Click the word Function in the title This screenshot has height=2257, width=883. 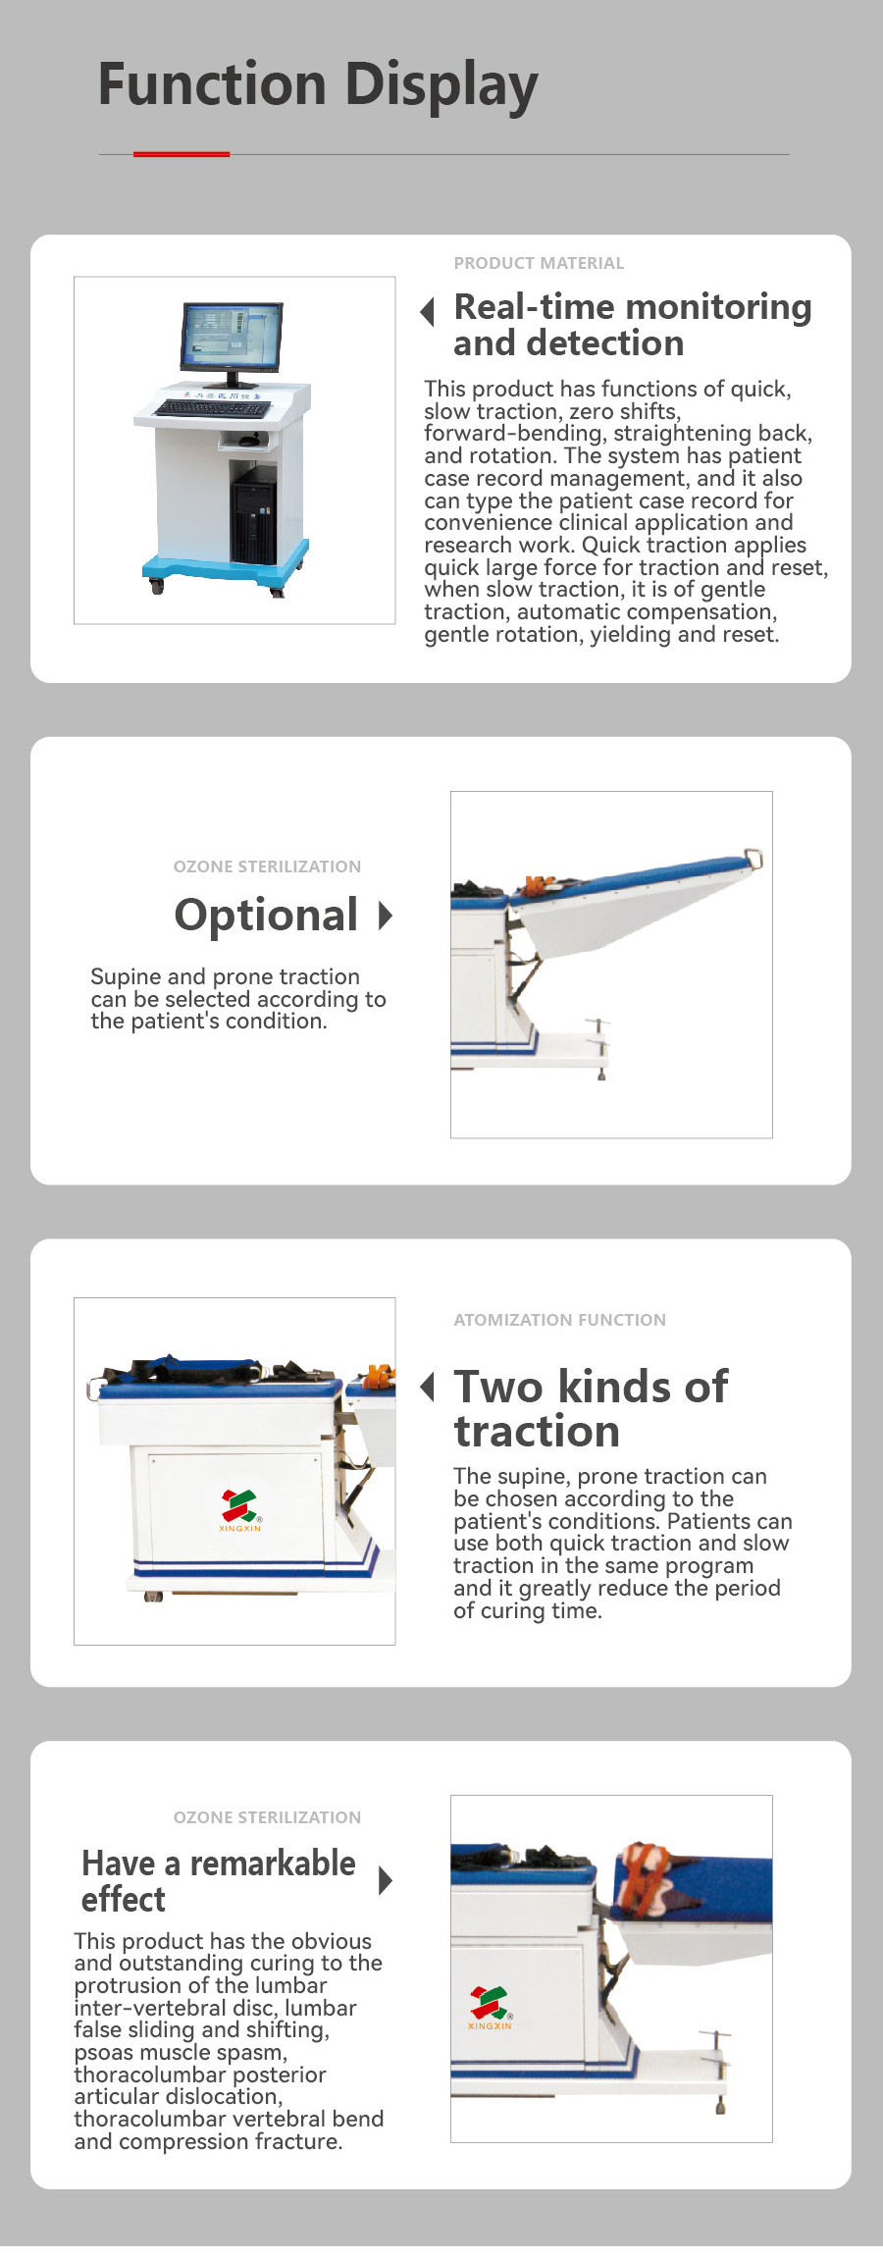pyautogui.click(x=212, y=83)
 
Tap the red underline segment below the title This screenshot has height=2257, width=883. pyautogui.click(x=182, y=154)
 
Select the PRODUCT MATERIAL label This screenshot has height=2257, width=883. pyautogui.click(x=539, y=263)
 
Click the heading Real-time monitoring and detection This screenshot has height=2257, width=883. pyautogui.click(x=633, y=325)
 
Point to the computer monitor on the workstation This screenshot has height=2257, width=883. pyautogui.click(x=232, y=341)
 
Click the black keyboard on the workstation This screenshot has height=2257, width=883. pyautogui.click(x=213, y=408)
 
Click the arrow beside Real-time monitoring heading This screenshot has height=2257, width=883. pyautogui.click(x=428, y=312)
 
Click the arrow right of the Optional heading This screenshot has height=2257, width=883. pyautogui.click(x=386, y=916)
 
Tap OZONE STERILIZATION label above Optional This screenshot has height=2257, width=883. pyautogui.click(x=267, y=866)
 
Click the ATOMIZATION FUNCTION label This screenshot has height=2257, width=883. pyautogui.click(x=559, y=1320)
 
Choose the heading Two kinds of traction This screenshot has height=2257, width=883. pyautogui.click(x=591, y=1409)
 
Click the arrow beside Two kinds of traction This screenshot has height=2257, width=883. pyautogui.click(x=428, y=1387)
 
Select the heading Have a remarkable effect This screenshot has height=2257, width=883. pyautogui.click(x=219, y=1880)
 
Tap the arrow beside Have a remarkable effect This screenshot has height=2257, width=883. pyautogui.click(x=386, y=1880)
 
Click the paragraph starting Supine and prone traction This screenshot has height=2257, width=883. pyautogui.click(x=238, y=999)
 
